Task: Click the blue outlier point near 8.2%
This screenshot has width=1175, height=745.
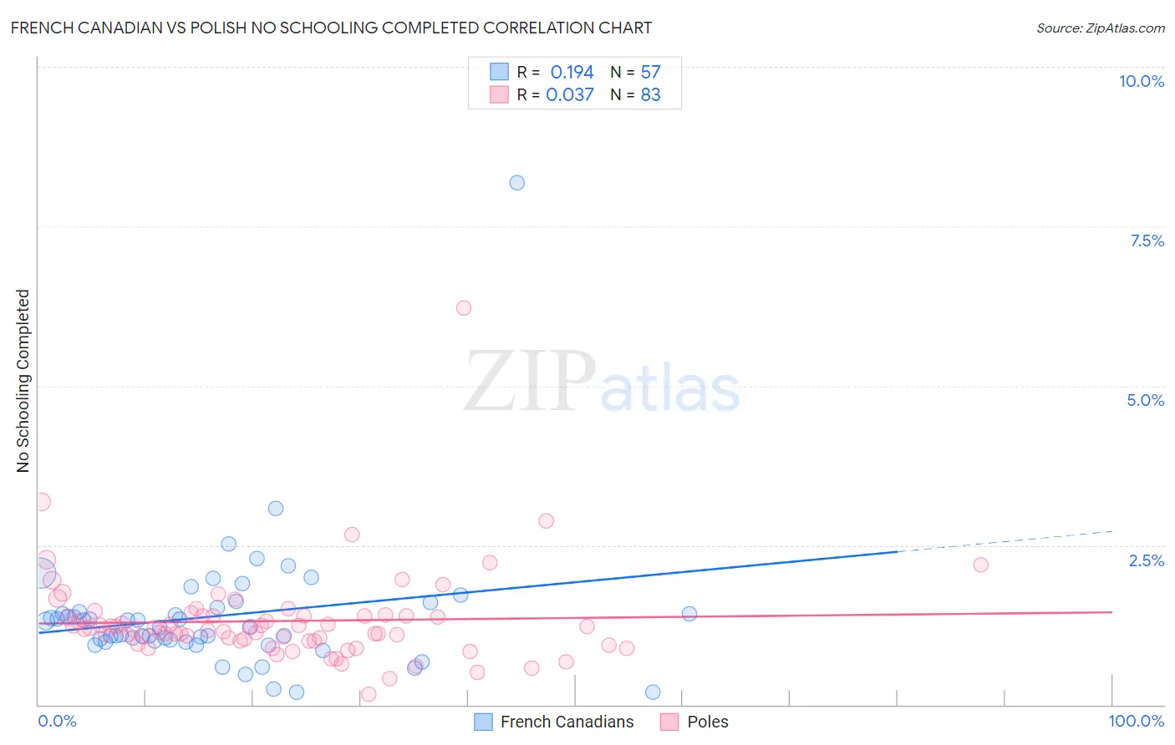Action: (517, 183)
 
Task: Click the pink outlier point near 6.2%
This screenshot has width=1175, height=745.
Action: (464, 308)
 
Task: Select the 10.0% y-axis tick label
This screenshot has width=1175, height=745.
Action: (1141, 81)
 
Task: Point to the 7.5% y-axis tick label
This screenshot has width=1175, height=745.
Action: (1147, 241)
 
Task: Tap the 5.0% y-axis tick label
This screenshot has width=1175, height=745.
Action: (1145, 400)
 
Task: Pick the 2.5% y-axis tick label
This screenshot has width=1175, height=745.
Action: (1146, 560)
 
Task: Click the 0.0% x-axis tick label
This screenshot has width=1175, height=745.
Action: (57, 721)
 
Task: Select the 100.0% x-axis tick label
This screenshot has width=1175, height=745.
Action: (1136, 721)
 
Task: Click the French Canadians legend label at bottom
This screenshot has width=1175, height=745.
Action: (567, 722)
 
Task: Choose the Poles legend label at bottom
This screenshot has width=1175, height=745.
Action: (707, 722)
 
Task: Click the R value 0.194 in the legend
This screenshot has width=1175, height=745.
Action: (572, 73)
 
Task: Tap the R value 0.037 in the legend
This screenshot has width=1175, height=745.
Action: (570, 95)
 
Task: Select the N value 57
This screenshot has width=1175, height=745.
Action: (650, 73)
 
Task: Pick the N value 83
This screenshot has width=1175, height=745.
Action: (650, 95)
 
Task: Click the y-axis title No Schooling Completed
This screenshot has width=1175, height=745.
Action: (23, 381)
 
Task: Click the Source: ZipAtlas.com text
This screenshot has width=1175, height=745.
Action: (1100, 28)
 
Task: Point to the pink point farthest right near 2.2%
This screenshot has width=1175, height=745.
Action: (981, 565)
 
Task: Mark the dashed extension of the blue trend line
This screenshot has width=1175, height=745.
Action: (1003, 541)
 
